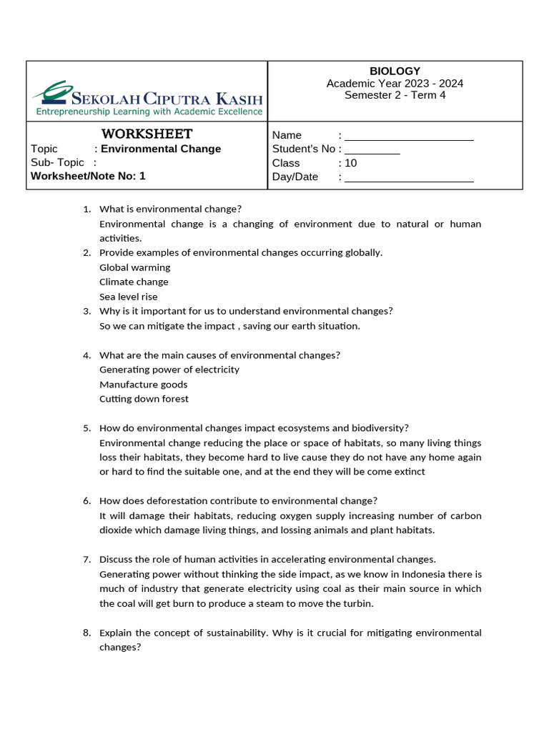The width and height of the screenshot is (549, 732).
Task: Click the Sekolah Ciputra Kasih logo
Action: coord(147,99)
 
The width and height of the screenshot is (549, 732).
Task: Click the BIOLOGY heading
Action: coord(395,71)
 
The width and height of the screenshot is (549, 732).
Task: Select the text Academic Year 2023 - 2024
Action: coord(395,83)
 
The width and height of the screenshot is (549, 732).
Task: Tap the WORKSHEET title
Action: coord(147,134)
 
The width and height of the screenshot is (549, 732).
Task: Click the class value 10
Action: coord(350,163)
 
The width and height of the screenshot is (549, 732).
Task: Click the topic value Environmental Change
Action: coord(161,149)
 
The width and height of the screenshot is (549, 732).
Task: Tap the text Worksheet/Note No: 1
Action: coord(88,176)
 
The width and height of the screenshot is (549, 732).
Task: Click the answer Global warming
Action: coord(134,267)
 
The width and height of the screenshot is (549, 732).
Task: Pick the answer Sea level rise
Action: coord(129,297)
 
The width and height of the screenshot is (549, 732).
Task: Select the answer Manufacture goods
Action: coord(143,385)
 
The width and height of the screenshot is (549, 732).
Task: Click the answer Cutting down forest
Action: coord(144,399)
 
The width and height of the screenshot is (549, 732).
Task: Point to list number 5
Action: coord(86,428)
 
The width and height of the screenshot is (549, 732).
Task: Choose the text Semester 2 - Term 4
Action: coord(395,95)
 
